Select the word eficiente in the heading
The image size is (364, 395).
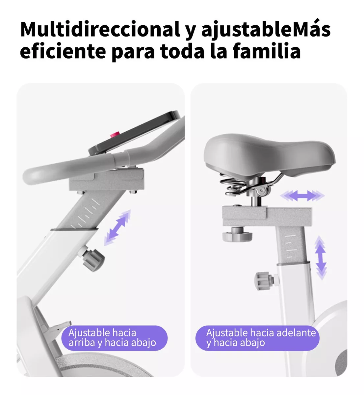pos(63,51)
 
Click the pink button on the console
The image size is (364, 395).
pos(115,135)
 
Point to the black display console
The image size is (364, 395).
pos(134,133)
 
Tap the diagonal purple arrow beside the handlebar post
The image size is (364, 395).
pos(117,228)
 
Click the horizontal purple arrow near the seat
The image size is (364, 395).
pos(302,196)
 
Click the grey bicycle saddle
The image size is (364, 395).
pos(270,156)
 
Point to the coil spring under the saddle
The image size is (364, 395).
pos(233,185)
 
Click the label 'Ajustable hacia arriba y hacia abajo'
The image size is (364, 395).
pos(115,338)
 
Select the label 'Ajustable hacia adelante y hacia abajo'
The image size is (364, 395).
pos(257,338)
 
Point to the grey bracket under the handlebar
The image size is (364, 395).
pos(106,179)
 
